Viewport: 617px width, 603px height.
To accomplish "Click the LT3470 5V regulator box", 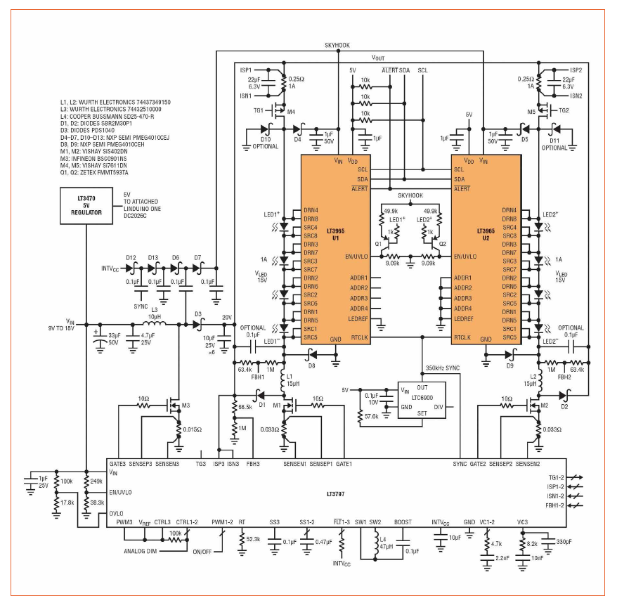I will point(86,207).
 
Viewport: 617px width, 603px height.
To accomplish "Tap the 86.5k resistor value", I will point(247,406).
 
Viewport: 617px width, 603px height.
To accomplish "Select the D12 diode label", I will point(131,258).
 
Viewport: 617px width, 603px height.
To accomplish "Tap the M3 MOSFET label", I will point(186,406).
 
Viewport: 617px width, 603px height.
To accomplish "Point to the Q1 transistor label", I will point(377,245).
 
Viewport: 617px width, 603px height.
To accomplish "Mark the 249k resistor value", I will point(97,481).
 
